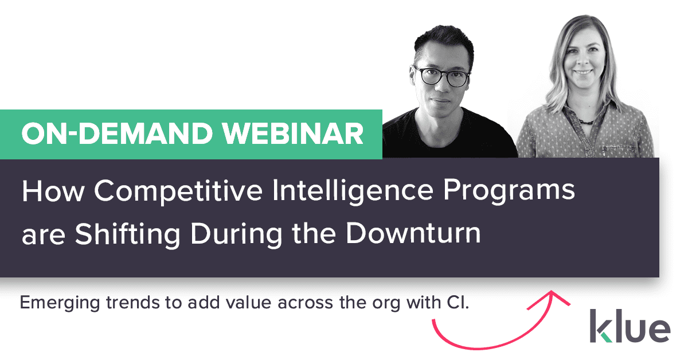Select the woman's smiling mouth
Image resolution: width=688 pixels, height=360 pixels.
(584, 73)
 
